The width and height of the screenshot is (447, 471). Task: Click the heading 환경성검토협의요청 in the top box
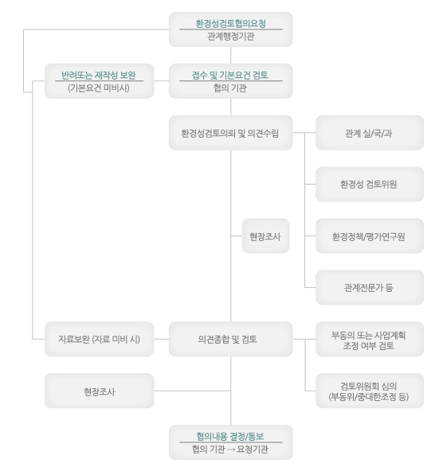click(231, 23)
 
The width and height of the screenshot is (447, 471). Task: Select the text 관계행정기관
click(231, 37)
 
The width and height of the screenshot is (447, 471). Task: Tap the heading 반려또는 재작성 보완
click(99, 75)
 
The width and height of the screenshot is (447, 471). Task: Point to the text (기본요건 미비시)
click(99, 88)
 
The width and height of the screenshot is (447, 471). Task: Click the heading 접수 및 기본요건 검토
click(230, 75)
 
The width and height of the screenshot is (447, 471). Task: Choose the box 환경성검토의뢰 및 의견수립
click(231, 133)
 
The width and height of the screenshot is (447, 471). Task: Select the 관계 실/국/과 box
click(370, 133)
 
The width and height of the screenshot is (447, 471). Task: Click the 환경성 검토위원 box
click(370, 184)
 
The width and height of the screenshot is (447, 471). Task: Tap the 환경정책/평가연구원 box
click(370, 236)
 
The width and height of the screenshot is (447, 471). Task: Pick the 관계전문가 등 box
click(370, 287)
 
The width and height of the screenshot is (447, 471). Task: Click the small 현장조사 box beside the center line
click(265, 236)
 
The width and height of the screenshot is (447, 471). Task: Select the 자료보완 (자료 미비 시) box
click(100, 339)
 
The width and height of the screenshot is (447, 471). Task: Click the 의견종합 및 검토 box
click(231, 339)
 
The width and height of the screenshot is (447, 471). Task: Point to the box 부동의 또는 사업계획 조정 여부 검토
click(370, 339)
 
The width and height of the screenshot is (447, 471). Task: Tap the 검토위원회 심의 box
click(370, 391)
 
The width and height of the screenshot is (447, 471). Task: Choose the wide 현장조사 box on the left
click(100, 391)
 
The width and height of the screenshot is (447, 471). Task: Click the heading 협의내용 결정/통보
click(230, 436)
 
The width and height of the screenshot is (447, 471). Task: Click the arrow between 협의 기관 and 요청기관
click(231, 450)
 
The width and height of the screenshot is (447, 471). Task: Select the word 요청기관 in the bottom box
click(253, 450)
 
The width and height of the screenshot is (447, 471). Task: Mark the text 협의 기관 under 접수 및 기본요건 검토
click(230, 88)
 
